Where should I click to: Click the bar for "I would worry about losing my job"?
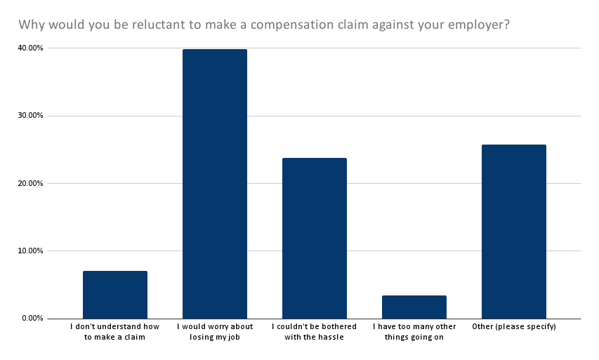214,184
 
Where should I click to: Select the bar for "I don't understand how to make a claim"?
114,295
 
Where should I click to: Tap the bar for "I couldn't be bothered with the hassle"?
314,238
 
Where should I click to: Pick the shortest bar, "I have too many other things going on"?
414,307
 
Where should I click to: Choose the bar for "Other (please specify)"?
513,232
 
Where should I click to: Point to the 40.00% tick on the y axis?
29,48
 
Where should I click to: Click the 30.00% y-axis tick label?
29,116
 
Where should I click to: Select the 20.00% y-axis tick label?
29,183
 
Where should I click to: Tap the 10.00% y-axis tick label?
29,251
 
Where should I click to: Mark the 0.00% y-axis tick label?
31,319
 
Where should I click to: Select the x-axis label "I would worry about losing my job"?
215,332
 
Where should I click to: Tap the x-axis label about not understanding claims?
115,332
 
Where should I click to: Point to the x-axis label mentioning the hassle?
314,332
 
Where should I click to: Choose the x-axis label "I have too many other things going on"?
414,332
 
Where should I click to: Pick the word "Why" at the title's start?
31,25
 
